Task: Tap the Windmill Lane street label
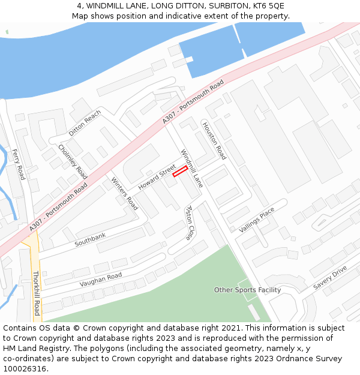(x=192, y=169)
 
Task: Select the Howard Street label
(x=157, y=177)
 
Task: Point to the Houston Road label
(x=214, y=141)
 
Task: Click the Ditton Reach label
(x=85, y=123)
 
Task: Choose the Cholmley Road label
(x=73, y=161)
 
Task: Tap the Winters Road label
(x=124, y=193)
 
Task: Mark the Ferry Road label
(x=19, y=164)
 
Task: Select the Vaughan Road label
(x=101, y=280)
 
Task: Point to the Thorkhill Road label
(x=36, y=293)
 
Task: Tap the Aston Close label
(x=188, y=223)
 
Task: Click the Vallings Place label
(x=256, y=220)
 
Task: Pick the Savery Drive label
(x=330, y=278)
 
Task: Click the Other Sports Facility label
(x=247, y=290)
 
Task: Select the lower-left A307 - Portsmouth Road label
(x=58, y=208)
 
